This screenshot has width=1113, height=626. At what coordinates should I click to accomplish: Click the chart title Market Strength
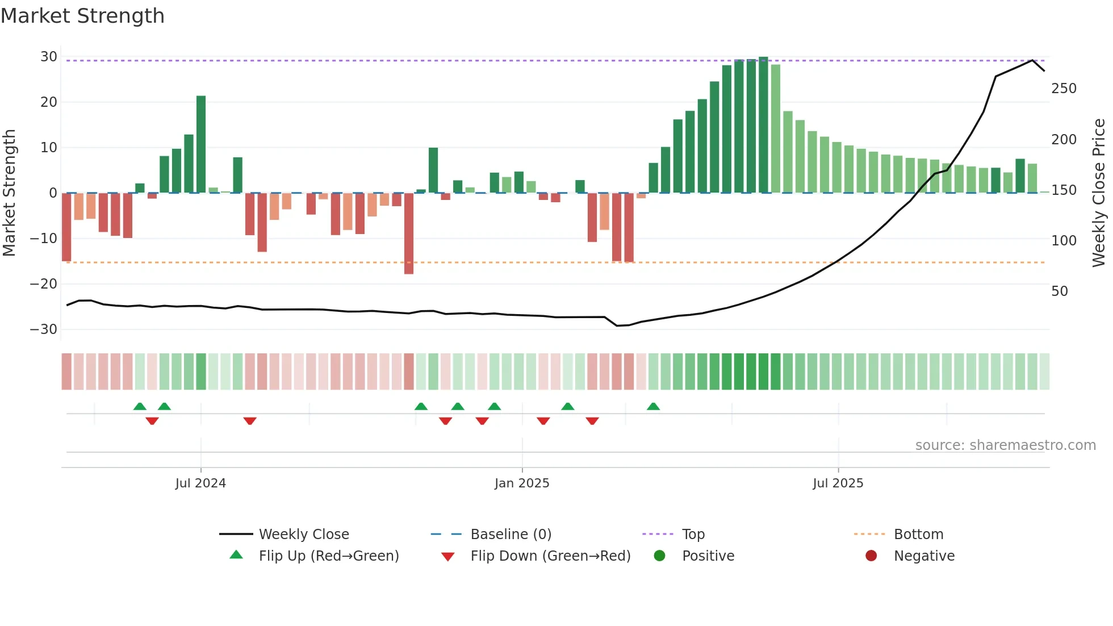(82, 16)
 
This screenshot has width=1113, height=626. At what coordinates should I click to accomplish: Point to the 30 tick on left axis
(49, 57)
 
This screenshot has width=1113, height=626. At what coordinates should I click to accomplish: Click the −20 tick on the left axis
(44, 284)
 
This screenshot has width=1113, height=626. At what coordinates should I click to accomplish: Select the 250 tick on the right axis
(1064, 89)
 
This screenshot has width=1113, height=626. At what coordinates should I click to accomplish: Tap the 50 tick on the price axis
(1060, 291)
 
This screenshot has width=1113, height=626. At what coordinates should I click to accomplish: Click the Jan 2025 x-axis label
(522, 483)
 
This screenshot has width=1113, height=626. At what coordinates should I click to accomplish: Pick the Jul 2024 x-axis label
(200, 483)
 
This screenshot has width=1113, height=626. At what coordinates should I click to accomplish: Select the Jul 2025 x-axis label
(838, 483)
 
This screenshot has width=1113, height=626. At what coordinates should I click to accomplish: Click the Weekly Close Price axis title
(1099, 193)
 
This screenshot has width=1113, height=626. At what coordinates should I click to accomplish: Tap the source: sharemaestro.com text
(1005, 445)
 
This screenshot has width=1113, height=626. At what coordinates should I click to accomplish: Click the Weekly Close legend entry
(304, 535)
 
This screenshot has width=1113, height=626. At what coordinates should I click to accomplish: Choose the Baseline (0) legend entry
(511, 535)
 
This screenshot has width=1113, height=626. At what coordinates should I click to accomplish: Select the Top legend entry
(693, 535)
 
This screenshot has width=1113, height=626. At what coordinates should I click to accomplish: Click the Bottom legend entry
(918, 535)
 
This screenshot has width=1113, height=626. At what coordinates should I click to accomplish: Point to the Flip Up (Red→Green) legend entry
(328, 556)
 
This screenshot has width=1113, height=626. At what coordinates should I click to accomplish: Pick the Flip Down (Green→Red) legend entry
(550, 556)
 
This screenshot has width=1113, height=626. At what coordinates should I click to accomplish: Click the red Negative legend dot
(871, 556)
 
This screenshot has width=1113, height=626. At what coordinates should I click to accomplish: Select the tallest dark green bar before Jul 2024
(201, 144)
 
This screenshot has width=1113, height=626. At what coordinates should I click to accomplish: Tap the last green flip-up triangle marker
(653, 406)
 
